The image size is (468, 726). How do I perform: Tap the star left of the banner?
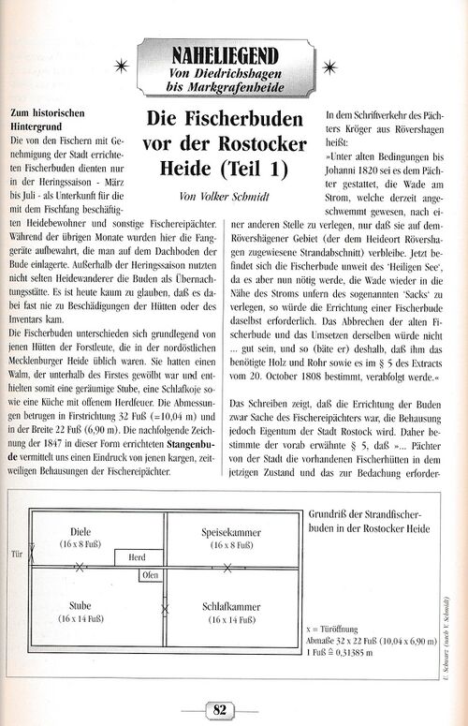click(x=117, y=65)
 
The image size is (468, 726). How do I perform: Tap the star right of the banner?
click(x=329, y=65)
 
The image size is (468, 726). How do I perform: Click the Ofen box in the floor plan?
click(x=150, y=575)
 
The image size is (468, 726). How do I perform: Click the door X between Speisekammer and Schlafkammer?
click(x=227, y=567)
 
